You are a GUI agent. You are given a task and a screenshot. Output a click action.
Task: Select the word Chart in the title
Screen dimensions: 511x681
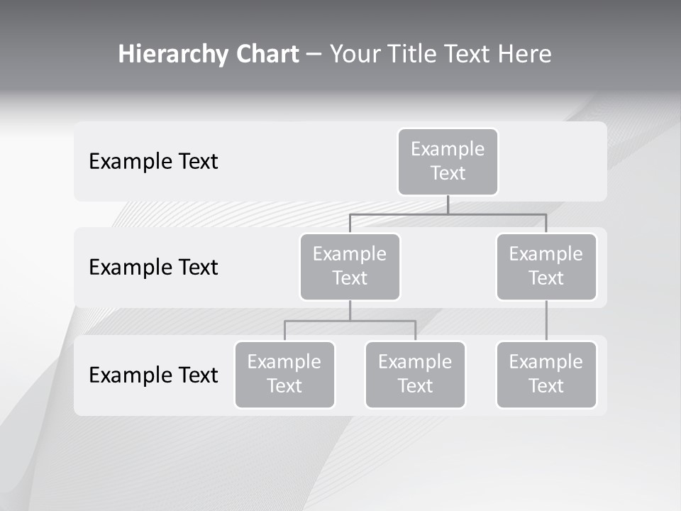267,55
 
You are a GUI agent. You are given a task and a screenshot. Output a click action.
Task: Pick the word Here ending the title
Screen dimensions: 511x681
524,55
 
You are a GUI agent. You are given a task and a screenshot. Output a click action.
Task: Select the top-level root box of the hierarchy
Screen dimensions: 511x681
448,161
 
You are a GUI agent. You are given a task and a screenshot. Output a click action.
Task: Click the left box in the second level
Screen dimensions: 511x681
350,266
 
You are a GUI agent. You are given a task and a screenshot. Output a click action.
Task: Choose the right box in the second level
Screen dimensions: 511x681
546,266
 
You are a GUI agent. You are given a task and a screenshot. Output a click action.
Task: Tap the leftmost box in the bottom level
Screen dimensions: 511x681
284,374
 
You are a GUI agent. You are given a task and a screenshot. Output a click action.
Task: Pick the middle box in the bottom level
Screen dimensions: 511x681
415,374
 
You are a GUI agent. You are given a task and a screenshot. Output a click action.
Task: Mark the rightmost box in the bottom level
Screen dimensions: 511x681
546,374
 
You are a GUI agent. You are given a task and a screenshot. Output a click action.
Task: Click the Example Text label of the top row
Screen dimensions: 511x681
153,162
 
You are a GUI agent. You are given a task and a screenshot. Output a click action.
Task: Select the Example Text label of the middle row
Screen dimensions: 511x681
153,268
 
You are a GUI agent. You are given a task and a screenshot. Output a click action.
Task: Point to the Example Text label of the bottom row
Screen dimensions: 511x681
153,375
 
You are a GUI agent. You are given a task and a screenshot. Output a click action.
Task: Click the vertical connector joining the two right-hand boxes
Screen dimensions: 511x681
546,321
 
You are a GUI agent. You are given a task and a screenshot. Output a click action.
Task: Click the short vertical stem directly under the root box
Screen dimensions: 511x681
448,204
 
